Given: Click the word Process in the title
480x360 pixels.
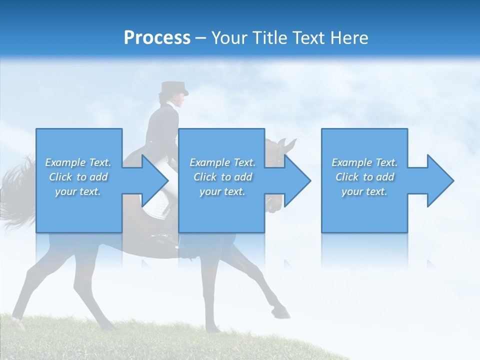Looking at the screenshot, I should (157, 38).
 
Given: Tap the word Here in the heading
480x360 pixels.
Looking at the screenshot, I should (348, 38).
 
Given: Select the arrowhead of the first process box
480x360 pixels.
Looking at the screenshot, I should (155, 180).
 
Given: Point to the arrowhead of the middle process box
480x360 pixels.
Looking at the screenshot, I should (297, 180).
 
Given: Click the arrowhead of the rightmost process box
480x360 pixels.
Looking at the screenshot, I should (440, 180).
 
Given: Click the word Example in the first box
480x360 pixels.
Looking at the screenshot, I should (65, 162).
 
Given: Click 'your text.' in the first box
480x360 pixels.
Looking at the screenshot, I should (78, 191).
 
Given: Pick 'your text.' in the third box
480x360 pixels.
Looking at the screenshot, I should (364, 191).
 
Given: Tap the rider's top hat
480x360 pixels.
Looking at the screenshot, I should (173, 88).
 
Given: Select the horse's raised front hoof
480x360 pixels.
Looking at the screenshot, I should (283, 314).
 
